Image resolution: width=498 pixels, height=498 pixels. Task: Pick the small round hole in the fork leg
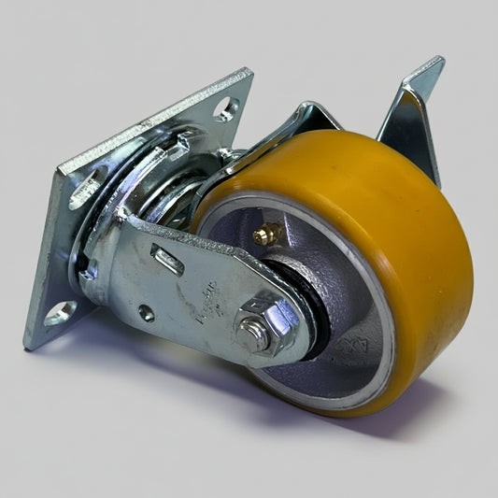pyautogui.click(x=147, y=314)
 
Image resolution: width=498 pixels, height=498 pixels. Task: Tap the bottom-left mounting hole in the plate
pyautogui.click(x=58, y=311)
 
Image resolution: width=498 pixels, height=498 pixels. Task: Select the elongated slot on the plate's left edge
pyautogui.click(x=84, y=190)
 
